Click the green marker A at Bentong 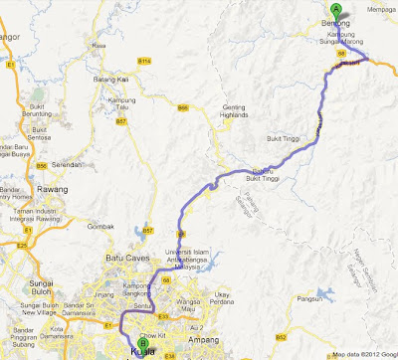click(334, 11)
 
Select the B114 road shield click(144, 62)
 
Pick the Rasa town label click(98, 45)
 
